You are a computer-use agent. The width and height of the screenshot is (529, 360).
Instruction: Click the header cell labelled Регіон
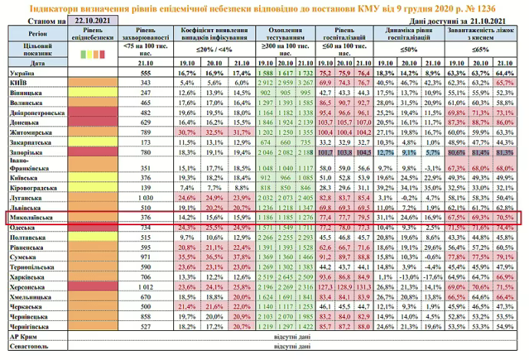pos(34,34)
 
